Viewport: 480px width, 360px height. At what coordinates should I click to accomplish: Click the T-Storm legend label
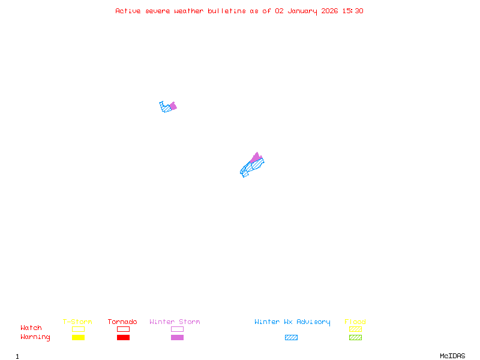(77, 322)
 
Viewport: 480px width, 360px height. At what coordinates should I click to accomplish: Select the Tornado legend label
(122, 322)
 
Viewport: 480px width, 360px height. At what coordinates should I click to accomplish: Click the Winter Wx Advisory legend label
(292, 322)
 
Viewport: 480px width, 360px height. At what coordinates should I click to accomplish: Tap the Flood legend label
(355, 322)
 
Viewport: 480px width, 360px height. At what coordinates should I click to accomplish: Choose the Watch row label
(31, 328)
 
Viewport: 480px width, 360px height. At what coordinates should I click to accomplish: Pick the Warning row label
(35, 337)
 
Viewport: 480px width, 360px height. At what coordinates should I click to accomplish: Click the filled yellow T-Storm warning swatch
(78, 338)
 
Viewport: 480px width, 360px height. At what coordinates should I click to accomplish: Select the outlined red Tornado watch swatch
(123, 329)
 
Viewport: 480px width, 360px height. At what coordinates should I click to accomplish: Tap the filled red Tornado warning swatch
(123, 338)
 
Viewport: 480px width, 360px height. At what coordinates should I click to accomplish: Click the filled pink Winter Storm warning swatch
(177, 338)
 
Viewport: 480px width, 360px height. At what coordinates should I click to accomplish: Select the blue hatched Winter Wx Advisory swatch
(291, 338)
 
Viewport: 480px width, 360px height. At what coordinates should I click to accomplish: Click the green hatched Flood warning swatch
(355, 338)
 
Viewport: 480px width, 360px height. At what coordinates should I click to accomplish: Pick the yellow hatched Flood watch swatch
(355, 329)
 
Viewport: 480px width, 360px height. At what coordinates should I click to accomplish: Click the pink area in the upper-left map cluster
(173, 106)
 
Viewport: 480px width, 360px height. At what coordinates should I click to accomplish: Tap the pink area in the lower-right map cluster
(256, 158)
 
